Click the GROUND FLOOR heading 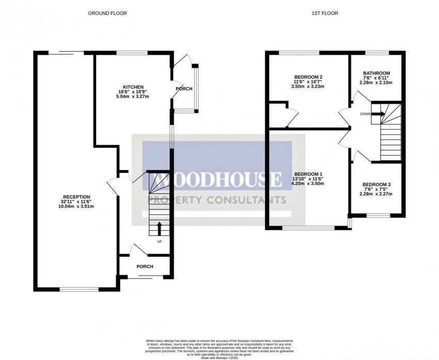pyautogui.click(x=107, y=13)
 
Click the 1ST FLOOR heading pyautogui.click(x=325, y=13)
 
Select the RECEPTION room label pyautogui.click(x=76, y=197)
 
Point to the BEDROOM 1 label pyautogui.click(x=308, y=174)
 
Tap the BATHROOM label pyautogui.click(x=376, y=73)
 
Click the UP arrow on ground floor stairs pyautogui.click(x=159, y=228)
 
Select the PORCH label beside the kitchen pyautogui.click(x=184, y=89)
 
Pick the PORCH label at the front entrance pyautogui.click(x=145, y=267)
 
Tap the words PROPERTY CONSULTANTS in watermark pyautogui.click(x=217, y=200)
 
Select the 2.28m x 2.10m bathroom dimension pyautogui.click(x=376, y=82)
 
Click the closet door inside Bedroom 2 pyautogui.click(x=292, y=118)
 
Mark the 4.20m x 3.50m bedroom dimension pyautogui.click(x=308, y=183)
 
